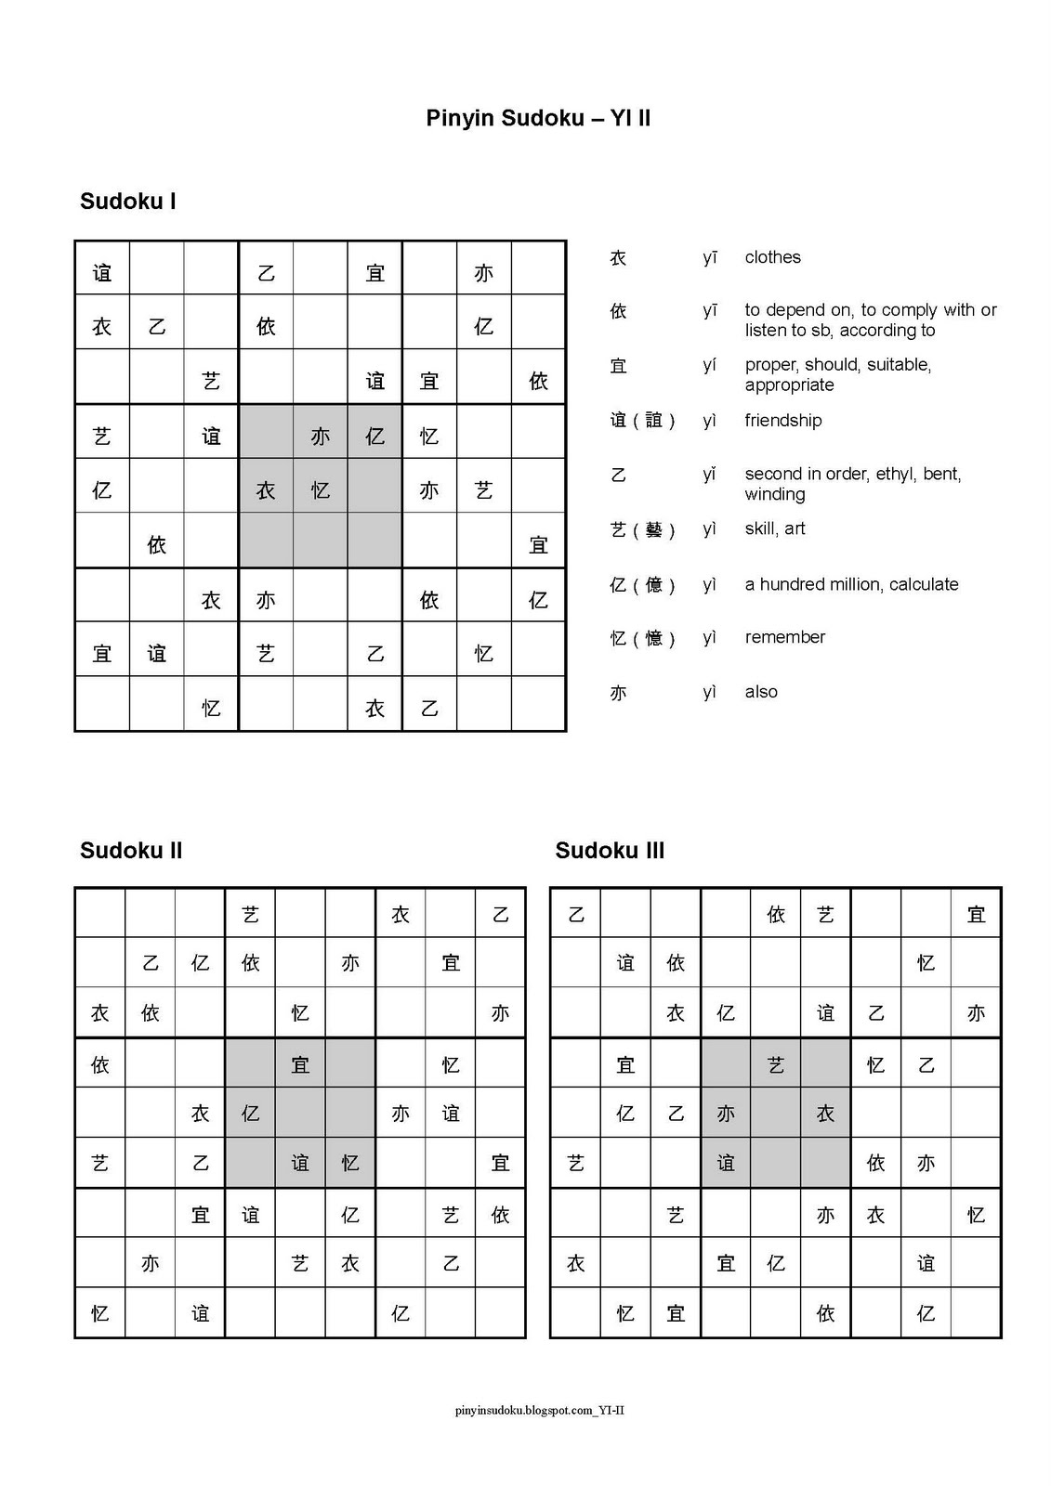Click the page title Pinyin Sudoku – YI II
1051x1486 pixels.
pyautogui.click(x=537, y=118)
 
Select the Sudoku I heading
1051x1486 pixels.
pyautogui.click(x=128, y=202)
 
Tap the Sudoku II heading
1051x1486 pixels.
pyautogui.click(x=131, y=851)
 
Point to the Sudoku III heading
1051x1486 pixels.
pyautogui.click(x=610, y=851)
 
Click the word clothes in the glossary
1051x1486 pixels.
pyautogui.click(x=772, y=257)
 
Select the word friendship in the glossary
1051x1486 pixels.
pyautogui.click(x=782, y=421)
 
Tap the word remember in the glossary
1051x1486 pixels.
pyautogui.click(x=784, y=637)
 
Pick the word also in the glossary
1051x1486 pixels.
pyautogui.click(x=761, y=692)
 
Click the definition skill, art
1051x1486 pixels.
pyautogui.click(x=774, y=528)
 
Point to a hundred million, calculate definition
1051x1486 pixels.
pyautogui.click(x=851, y=584)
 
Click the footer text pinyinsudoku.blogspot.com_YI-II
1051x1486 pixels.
pyautogui.click(x=539, y=1410)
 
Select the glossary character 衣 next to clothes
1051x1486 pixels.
pyautogui.click(x=618, y=258)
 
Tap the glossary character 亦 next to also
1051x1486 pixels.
pyautogui.click(x=618, y=693)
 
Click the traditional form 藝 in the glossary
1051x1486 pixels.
pyautogui.click(x=653, y=529)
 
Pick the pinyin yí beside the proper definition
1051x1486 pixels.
pyautogui.click(x=710, y=365)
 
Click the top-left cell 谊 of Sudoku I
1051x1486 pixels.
pyautogui.click(x=102, y=273)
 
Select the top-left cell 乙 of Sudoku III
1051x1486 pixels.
pyautogui.click(x=576, y=915)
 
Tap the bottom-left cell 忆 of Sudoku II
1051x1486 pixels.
pyautogui.click(x=100, y=1313)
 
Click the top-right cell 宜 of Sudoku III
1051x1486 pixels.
pyautogui.click(x=976, y=915)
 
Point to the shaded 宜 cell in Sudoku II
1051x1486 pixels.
pyautogui.click(x=300, y=1064)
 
